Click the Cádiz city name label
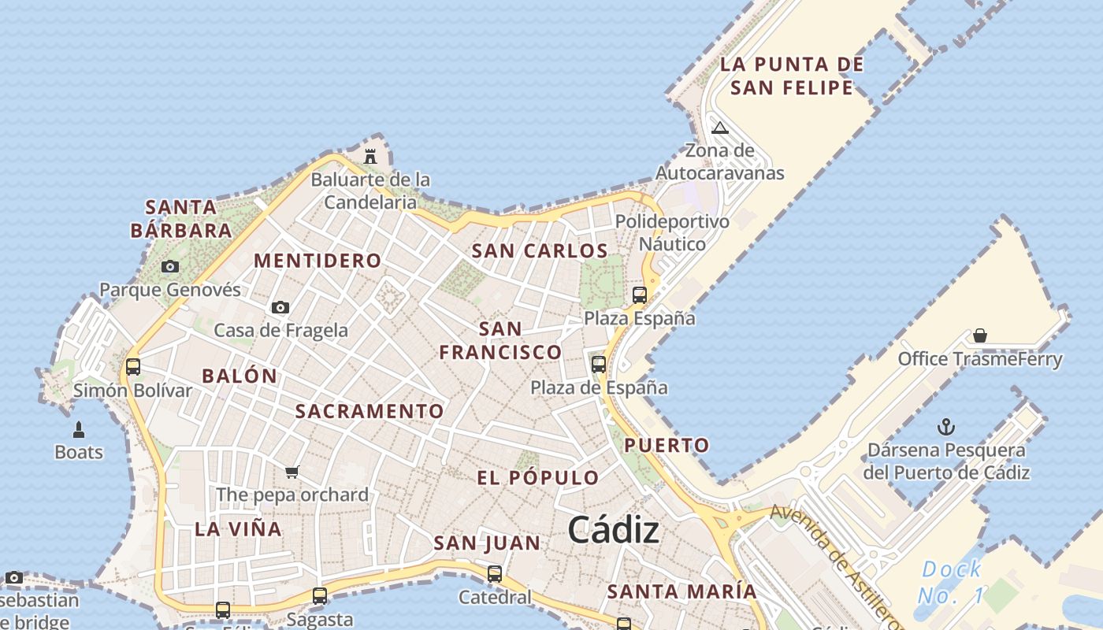[613, 530]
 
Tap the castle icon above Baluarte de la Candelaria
[370, 156]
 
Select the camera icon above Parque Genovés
[169, 267]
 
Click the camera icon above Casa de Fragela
[280, 307]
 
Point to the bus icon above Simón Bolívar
[133, 367]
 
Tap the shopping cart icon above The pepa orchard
[292, 472]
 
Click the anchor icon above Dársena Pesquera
[945, 428]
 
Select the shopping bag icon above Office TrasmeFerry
[980, 336]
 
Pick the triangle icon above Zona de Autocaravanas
[719, 128]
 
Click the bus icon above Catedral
[495, 574]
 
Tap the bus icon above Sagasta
[319, 596]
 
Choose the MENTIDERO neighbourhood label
[318, 261]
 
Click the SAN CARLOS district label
[540, 251]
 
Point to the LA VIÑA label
[238, 529]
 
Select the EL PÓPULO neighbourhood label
[538, 478]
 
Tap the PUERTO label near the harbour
[667, 445]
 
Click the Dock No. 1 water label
[952, 582]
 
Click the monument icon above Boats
[79, 429]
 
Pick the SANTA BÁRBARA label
[181, 219]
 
